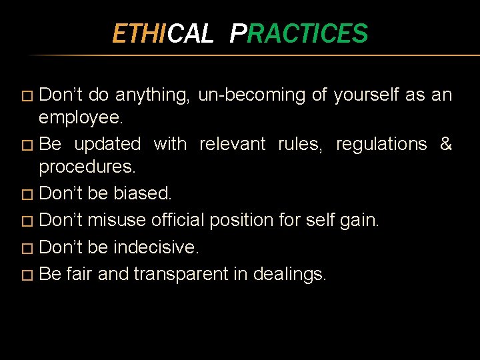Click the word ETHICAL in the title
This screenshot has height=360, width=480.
(162, 33)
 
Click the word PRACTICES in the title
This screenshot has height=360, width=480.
(299, 33)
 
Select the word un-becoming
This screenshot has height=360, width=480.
(253, 95)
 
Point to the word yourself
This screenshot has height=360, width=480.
(366, 95)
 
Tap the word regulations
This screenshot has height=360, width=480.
(381, 144)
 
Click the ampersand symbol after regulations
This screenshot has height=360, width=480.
(446, 144)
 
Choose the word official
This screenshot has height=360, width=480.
(181, 220)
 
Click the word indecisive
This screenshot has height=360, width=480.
(156, 247)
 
